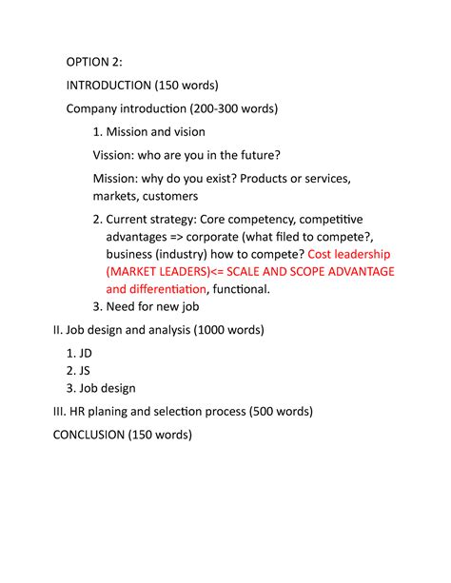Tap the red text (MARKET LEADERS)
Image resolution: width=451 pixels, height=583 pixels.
(168, 272)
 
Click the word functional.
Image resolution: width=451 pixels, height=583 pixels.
(243, 289)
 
